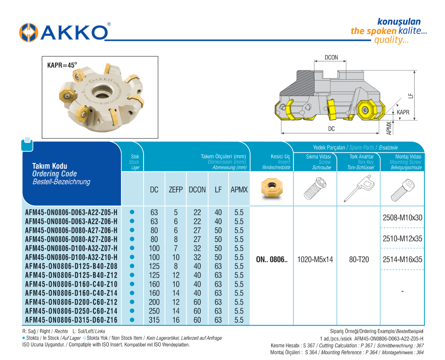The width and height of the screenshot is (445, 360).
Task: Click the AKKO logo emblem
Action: [x=28, y=32]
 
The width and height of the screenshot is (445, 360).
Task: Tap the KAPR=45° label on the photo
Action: [x=62, y=65]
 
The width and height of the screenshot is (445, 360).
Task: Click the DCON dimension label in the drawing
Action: [x=331, y=58]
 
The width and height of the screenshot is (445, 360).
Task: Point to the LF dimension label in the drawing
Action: [x=411, y=96]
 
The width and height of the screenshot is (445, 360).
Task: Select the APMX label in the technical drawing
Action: [x=389, y=128]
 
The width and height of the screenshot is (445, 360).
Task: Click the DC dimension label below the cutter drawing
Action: [x=331, y=129]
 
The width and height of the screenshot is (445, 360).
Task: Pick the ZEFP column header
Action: [x=176, y=190]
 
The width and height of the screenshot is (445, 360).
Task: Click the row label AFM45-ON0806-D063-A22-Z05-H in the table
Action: [x=71, y=213]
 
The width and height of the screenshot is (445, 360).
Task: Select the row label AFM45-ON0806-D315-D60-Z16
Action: [x=71, y=320]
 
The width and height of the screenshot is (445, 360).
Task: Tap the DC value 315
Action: [x=154, y=320]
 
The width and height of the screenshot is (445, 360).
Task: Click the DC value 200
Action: [x=154, y=302]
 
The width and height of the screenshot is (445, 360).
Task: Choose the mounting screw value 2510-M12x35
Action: [x=402, y=239]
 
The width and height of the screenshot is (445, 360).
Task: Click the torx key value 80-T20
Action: [x=359, y=260]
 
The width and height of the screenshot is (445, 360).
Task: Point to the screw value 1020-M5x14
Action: [x=315, y=260]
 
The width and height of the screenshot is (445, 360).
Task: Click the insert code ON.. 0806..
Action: [x=272, y=260]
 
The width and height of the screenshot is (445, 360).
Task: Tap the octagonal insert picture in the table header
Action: [x=272, y=188]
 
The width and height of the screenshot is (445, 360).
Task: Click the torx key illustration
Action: [x=359, y=188]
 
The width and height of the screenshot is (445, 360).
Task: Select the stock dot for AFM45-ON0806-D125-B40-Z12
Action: [x=132, y=275]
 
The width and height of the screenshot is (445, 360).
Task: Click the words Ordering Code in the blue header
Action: [x=54, y=174]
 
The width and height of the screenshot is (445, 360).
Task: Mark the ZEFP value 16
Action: [x=176, y=320]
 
